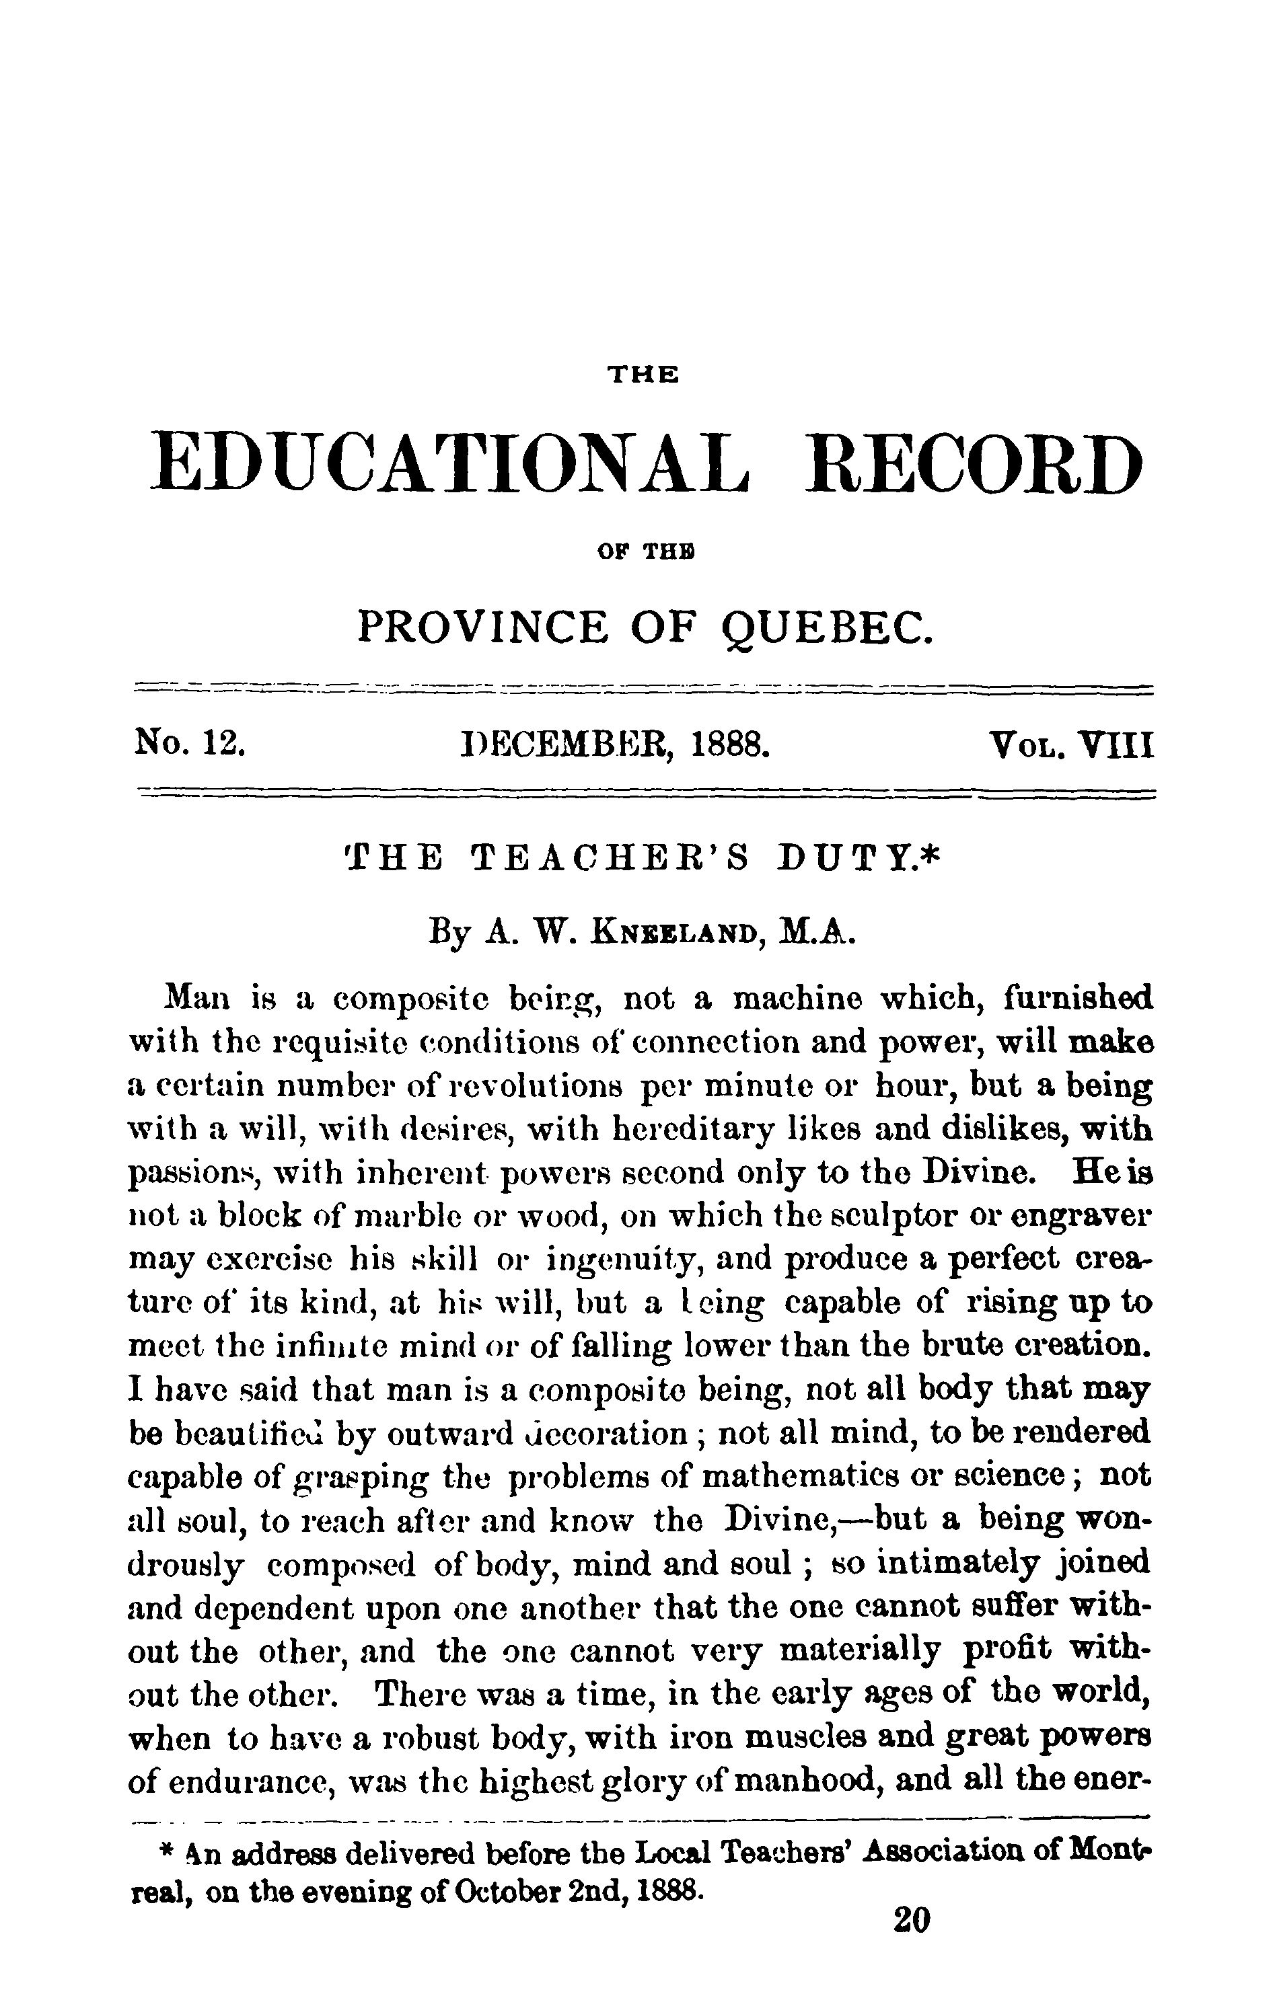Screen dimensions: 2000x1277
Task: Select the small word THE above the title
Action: point(644,375)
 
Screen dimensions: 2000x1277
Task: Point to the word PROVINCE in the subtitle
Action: point(482,627)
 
